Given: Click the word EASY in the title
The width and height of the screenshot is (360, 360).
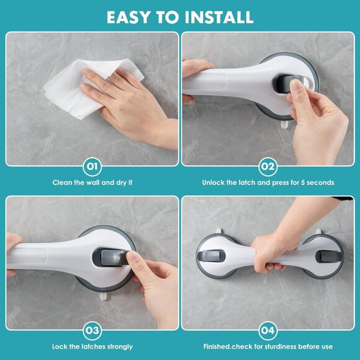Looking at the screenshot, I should coord(127,17).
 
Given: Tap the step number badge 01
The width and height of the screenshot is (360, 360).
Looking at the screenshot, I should coord(92,166).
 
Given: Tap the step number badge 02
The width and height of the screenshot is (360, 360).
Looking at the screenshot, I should coord(268,166).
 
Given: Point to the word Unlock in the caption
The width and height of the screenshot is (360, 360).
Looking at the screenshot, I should coord(214,182).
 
